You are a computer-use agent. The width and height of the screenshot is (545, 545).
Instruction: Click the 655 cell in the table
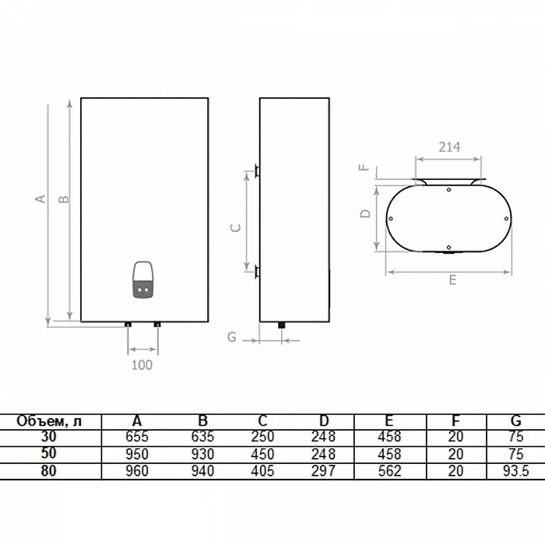point(137,437)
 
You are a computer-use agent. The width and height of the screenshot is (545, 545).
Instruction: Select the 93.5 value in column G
point(515,471)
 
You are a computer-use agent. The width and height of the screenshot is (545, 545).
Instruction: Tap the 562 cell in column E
point(389,471)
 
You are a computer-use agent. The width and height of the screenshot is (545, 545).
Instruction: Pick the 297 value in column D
point(323,471)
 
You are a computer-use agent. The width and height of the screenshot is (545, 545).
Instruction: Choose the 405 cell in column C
point(262,471)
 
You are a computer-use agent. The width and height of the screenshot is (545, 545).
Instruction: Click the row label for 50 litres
point(48,453)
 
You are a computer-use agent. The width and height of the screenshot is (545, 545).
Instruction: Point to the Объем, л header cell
point(49,421)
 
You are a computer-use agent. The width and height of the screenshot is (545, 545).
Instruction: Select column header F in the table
point(455,421)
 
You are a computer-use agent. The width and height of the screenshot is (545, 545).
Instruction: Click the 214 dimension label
point(449,147)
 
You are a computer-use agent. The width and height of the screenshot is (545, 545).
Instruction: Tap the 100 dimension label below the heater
point(142,365)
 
